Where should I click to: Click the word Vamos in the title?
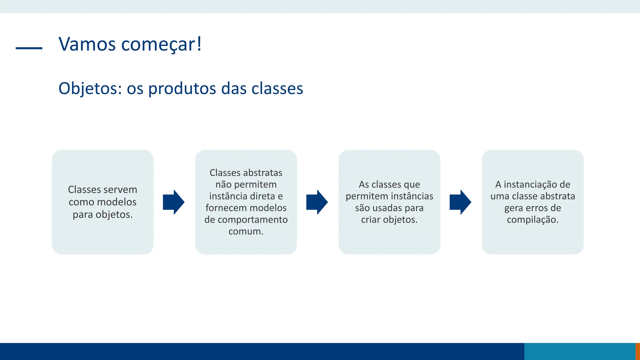tap(87, 44)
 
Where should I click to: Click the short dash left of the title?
tap(29, 48)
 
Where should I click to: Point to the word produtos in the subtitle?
tap(182, 88)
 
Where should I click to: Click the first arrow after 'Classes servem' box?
tap(173, 202)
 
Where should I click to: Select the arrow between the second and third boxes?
tap(317, 202)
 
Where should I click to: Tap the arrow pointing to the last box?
tap(460, 202)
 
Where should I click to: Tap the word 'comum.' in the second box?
tap(246, 232)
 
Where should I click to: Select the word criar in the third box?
tap(371, 220)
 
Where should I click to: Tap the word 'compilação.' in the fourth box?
tap(532, 220)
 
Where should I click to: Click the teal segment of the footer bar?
tap(580, 351)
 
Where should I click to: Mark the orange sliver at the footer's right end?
tap(638, 351)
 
